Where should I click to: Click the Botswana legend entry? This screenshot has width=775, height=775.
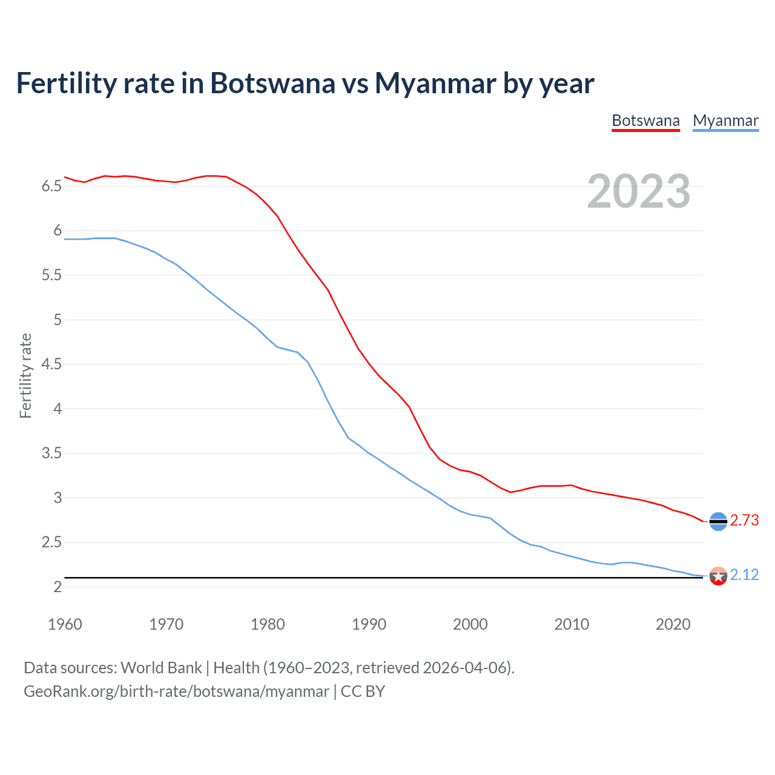point(645,120)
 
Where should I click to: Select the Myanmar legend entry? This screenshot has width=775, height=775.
point(725,120)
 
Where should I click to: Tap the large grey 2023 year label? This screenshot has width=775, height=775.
point(638,191)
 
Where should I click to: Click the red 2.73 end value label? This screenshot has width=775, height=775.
point(744,521)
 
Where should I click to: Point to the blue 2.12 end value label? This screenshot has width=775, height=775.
point(744,575)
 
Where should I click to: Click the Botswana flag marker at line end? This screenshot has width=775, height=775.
point(718,521)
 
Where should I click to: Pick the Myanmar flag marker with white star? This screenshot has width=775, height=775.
point(718,576)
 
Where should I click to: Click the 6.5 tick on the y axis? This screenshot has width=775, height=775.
point(51,186)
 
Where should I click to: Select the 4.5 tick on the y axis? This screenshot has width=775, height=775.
point(51,364)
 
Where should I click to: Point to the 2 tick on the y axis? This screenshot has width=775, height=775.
point(58,587)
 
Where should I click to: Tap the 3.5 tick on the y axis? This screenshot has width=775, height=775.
point(51,453)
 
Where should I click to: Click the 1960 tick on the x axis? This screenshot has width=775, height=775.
point(65,624)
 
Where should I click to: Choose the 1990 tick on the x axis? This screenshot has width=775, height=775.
point(369,624)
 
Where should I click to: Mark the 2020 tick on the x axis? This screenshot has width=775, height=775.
point(673,624)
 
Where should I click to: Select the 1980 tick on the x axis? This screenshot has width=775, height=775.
point(268,624)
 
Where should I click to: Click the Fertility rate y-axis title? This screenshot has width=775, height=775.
point(25,375)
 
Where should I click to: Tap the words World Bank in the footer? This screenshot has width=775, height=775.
point(161,668)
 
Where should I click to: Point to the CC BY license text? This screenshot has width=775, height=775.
point(363,691)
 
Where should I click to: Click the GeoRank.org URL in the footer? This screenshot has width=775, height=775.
point(176,691)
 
